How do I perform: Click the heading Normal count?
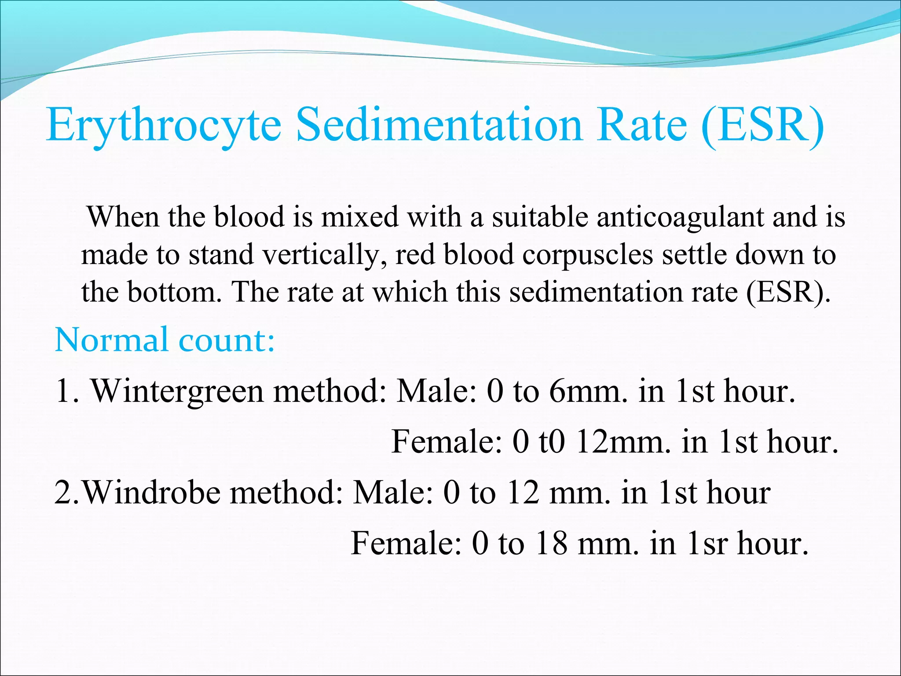(165, 340)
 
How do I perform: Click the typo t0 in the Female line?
(552, 441)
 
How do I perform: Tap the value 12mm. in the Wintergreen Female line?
(624, 441)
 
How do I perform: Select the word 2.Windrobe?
(137, 492)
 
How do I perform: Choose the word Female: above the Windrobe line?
(446, 441)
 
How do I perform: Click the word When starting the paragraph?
(123, 217)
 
